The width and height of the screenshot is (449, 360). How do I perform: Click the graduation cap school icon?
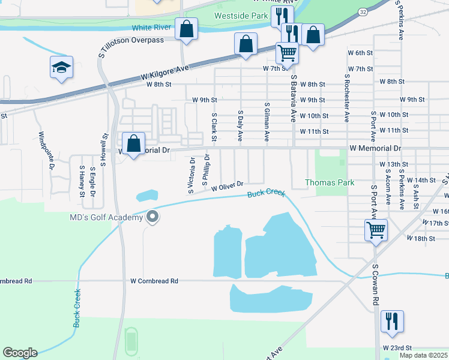click(x=61, y=68)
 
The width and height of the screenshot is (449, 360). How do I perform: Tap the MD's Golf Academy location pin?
click(x=152, y=217)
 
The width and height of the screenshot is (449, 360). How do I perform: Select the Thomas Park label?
click(x=330, y=182)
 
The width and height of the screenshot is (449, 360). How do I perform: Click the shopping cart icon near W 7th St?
click(x=287, y=54)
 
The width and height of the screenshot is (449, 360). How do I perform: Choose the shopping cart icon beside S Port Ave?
click(x=375, y=230)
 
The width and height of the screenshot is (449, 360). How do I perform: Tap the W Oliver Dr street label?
click(x=227, y=186)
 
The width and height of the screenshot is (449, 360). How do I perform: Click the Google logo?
click(x=20, y=352)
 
